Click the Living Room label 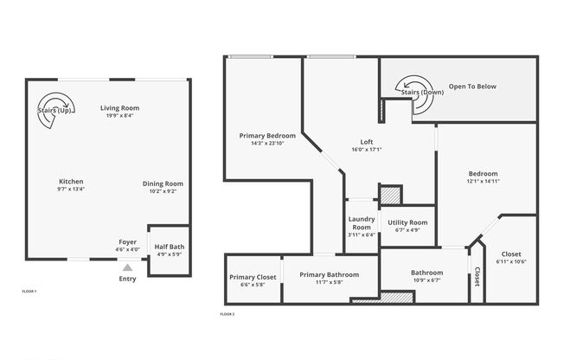119,106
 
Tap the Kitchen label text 71,181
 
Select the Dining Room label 163,183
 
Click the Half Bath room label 169,247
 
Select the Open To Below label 471,87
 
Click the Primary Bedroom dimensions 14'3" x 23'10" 267,144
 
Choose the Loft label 367,142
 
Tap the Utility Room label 407,222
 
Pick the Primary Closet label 253,277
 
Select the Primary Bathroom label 329,274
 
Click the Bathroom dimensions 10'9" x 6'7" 426,280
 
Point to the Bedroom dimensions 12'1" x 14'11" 483,181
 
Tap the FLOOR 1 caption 29,292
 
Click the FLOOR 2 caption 228,312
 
